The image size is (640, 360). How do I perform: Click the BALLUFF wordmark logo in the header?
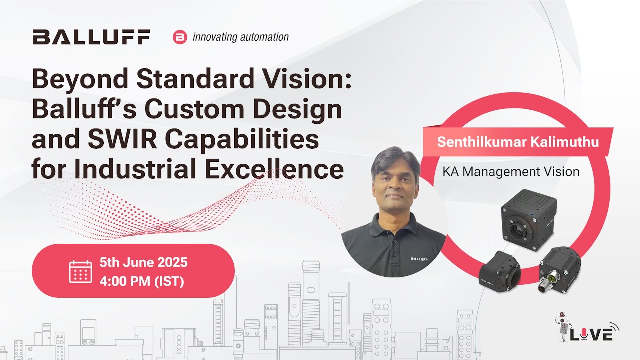tap(91, 37)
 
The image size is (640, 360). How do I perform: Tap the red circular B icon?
tap(179, 37)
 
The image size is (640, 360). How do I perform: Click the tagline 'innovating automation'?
tap(240, 37)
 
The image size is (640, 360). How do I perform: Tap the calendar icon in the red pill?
tap(80, 271)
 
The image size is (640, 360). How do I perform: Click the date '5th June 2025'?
tap(143, 262)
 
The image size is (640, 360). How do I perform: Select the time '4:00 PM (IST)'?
tap(142, 281)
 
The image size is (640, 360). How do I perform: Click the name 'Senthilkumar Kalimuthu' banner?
tap(518, 141)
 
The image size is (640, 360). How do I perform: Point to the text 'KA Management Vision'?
tap(511, 172)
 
